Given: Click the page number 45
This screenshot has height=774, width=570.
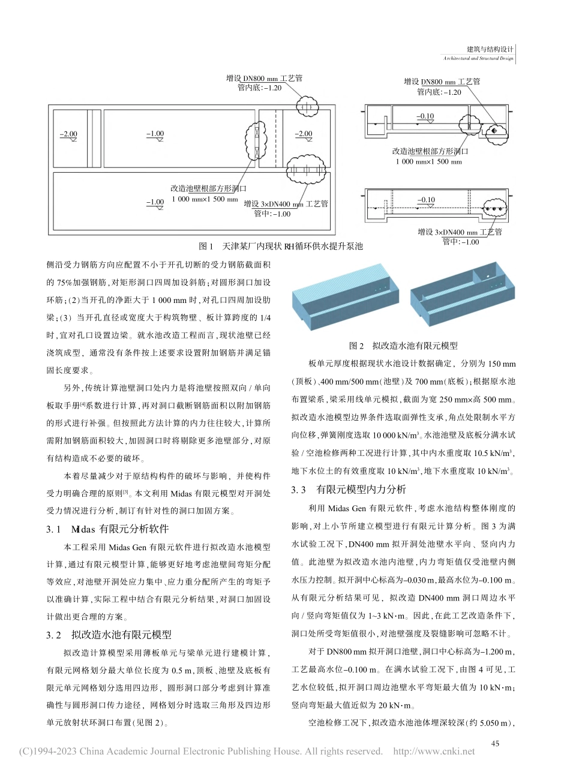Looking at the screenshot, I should [495, 743].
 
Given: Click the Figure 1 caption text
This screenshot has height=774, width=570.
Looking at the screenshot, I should [280, 246].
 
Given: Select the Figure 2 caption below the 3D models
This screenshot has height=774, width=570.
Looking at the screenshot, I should [403, 346].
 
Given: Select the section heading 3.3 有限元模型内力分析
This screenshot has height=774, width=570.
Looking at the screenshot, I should [349, 490].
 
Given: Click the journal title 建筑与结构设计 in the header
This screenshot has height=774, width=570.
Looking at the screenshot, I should [490, 50].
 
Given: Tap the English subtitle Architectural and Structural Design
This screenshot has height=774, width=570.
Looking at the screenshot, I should [478, 59].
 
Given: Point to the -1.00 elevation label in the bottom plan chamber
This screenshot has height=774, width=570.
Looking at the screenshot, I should [155, 202].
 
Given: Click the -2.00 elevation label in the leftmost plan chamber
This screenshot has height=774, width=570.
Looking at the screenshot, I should [68, 134].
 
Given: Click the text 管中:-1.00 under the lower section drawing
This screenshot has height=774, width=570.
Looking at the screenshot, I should [460, 242].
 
